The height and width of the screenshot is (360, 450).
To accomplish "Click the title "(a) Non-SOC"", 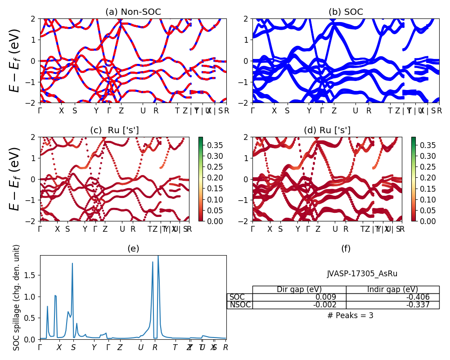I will [133, 12].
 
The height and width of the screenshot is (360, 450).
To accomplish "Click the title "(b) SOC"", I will [346, 12].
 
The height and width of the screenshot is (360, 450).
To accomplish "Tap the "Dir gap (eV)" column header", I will [299, 289].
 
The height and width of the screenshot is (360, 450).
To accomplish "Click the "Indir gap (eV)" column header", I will [392, 289].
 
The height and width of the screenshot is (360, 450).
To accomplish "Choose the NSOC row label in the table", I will [240, 305].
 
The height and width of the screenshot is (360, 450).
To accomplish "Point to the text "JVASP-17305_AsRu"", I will [362, 274].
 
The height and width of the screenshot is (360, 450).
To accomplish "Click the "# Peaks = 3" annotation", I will [350, 315].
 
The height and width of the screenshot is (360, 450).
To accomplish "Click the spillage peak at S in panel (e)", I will [72, 264].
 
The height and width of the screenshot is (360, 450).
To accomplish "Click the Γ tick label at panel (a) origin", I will [40, 111].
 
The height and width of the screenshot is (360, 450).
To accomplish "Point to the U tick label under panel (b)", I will [355, 111].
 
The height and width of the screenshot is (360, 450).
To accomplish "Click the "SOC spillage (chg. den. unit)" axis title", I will [17, 297].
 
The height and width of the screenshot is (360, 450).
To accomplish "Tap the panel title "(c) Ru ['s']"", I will [114, 130].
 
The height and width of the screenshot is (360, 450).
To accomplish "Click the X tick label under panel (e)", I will [59, 347].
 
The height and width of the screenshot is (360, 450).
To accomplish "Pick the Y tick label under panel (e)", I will [94, 347].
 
